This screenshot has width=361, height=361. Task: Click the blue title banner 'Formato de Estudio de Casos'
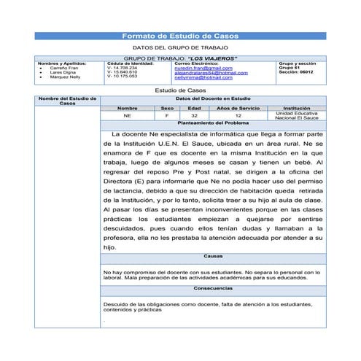tap(180, 36)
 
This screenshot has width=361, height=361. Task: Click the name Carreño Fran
tap(63, 68)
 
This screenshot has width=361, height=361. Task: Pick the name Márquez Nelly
tap(65, 77)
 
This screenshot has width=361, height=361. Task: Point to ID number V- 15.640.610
tap(122, 72)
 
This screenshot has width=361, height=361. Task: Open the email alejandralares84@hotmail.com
tap(211, 72)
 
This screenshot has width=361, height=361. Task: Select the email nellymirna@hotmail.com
tap(203, 77)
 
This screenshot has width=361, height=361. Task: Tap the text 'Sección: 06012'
tap(296, 72)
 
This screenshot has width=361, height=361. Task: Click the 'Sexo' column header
tap(166, 108)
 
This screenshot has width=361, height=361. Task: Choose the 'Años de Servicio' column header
tap(238, 108)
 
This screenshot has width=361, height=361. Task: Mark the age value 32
tap(194, 116)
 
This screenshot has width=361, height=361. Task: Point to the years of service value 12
tap(238, 116)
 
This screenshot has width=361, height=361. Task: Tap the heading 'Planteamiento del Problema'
tap(213, 124)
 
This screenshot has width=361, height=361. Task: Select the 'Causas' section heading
tap(213, 256)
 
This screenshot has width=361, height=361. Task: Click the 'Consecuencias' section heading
tap(213, 288)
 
